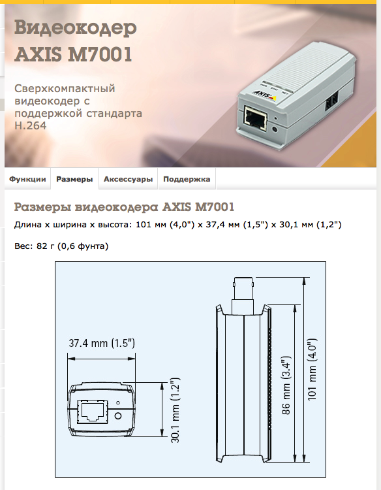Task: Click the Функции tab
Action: coord(27,179)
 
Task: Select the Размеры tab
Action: coord(74,179)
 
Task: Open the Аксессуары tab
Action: coord(129,179)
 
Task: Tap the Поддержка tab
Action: coord(187,179)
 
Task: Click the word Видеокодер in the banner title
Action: coord(76,28)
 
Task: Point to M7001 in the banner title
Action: coord(100,54)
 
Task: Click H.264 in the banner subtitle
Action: coord(30,125)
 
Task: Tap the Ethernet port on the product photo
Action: coord(256,116)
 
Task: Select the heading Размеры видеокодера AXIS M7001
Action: coord(124,207)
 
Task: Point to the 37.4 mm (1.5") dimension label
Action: coord(102,343)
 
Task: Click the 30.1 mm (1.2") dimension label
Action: coord(175,410)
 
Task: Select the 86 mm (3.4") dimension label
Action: coord(286,385)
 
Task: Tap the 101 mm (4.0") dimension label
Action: coord(312,369)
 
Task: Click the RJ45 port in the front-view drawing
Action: coord(93,411)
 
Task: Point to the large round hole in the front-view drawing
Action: coord(118,416)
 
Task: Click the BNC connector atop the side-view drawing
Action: coord(243,295)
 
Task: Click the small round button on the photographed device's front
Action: coord(275,129)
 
